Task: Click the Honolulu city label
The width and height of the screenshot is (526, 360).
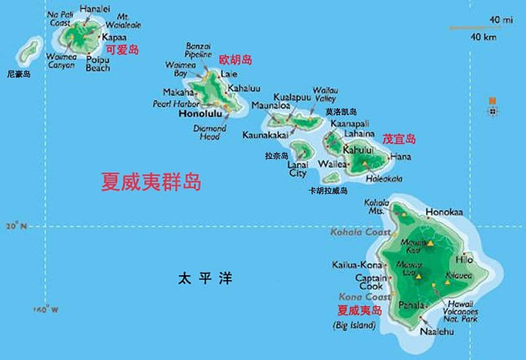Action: pos(200,116)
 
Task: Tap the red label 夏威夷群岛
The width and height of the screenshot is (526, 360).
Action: pos(152,182)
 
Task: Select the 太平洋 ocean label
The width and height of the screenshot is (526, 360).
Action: pos(205,278)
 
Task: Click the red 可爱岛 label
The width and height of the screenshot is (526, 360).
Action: pos(124,49)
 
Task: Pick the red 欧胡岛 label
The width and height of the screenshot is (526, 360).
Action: pos(235,59)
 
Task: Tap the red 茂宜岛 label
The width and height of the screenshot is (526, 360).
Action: pos(399,139)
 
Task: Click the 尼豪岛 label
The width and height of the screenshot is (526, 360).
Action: pos(19,74)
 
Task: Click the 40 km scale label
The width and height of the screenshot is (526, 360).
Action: pos(482,37)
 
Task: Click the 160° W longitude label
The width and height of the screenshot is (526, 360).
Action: pos(46,309)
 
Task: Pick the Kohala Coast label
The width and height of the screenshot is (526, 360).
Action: pos(364,232)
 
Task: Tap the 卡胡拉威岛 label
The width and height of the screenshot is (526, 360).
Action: pos(328,191)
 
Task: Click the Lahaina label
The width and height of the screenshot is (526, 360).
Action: pos(359,133)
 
